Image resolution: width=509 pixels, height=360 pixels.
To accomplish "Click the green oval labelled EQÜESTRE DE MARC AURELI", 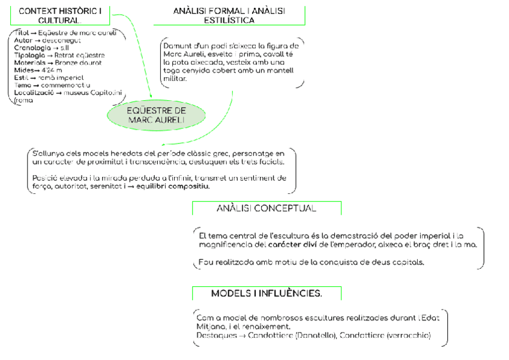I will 156,115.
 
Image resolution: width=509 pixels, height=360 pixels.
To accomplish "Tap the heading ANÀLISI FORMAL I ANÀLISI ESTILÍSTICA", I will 229,16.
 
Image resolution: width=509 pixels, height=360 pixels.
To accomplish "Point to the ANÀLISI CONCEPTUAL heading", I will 266,209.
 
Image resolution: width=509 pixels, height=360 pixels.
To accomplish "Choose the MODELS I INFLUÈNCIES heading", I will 266,293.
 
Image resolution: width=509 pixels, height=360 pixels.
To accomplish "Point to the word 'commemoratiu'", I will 64,85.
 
